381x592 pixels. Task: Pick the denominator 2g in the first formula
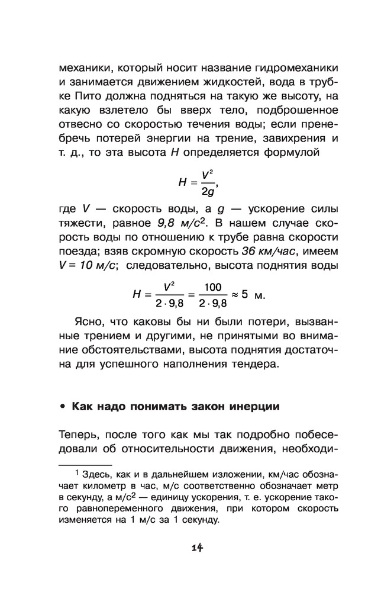[x=207, y=192]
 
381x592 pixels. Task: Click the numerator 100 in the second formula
[x=211, y=288]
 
